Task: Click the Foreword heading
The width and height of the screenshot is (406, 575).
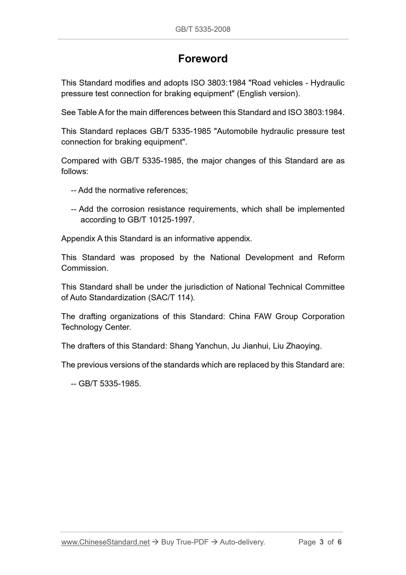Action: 203,59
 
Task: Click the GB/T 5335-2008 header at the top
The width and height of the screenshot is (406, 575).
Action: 203,29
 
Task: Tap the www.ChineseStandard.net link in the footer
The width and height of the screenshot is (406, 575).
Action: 105,542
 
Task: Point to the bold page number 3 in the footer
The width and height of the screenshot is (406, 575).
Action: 322,542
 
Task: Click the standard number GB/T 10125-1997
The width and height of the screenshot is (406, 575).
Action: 160,220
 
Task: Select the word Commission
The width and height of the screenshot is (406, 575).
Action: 84,268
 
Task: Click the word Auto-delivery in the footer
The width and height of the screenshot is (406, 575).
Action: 242,542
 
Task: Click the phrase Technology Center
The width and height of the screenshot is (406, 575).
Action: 96,327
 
